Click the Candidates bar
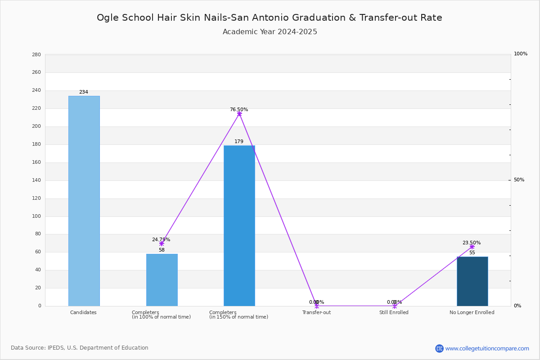click(x=84, y=201)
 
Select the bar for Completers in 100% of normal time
click(x=162, y=280)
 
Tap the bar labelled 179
click(x=239, y=226)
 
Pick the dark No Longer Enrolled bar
click(x=472, y=281)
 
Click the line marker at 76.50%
click(x=239, y=114)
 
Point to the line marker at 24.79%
click(x=162, y=244)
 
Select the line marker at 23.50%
click(x=472, y=247)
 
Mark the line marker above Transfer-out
click(x=317, y=306)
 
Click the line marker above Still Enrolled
click(x=395, y=306)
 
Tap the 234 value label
click(x=84, y=92)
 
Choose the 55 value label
click(x=472, y=253)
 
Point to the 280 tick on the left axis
click(x=36, y=54)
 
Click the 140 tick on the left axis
click(x=36, y=180)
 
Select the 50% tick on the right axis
click(x=519, y=180)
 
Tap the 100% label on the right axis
click(x=521, y=54)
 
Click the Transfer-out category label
click(x=316, y=312)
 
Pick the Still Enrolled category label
click(x=394, y=312)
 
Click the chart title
click(x=270, y=18)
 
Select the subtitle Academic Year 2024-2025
click(x=270, y=32)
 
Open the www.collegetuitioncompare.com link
click(x=487, y=348)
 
